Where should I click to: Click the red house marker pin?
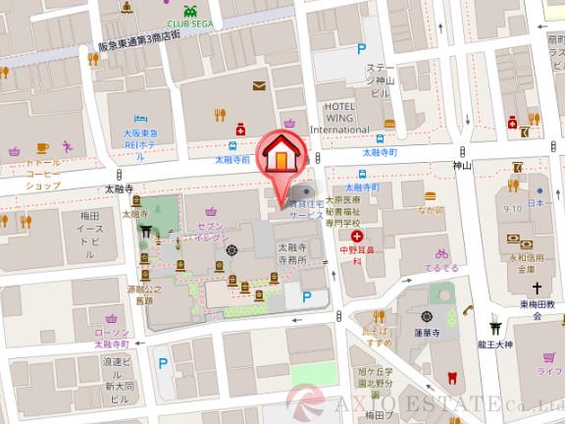[282, 157]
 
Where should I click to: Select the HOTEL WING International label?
[338, 118]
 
